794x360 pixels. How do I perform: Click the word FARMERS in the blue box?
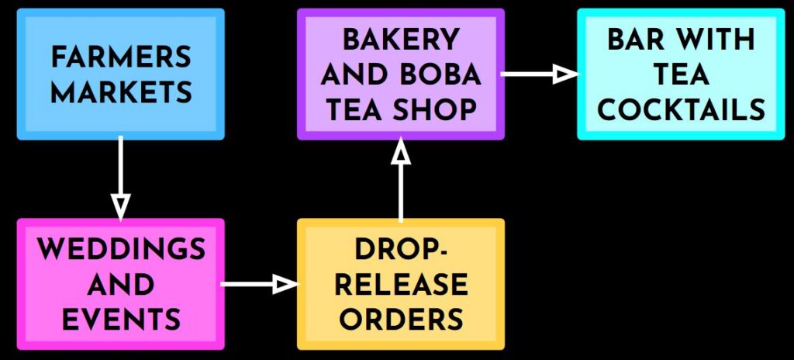pos(121,57)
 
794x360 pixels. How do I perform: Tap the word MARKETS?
pos(121,92)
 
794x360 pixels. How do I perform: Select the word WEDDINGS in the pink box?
pos(121,250)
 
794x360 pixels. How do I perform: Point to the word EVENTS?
pos(121,319)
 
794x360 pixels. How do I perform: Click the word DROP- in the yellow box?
pos(400,250)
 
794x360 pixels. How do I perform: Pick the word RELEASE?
pos(400,285)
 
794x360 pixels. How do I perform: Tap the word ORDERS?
pos(400,319)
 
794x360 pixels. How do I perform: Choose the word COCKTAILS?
pos(681,109)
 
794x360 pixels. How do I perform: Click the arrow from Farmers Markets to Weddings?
pos(120,175)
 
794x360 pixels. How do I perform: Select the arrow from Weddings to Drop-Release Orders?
pos(258,285)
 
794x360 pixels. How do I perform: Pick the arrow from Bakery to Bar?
pos(539,74)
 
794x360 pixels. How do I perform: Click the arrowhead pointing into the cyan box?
pos(568,74)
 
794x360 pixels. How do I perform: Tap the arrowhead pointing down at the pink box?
pos(120,206)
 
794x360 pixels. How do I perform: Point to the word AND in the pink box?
pos(121,285)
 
